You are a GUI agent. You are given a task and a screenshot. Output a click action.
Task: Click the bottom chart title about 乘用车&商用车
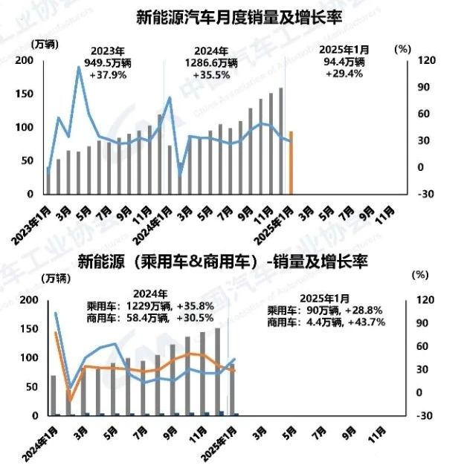[223, 262]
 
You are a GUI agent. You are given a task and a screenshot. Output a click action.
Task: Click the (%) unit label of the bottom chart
[420, 274]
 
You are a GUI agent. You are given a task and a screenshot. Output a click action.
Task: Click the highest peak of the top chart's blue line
[79, 68]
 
